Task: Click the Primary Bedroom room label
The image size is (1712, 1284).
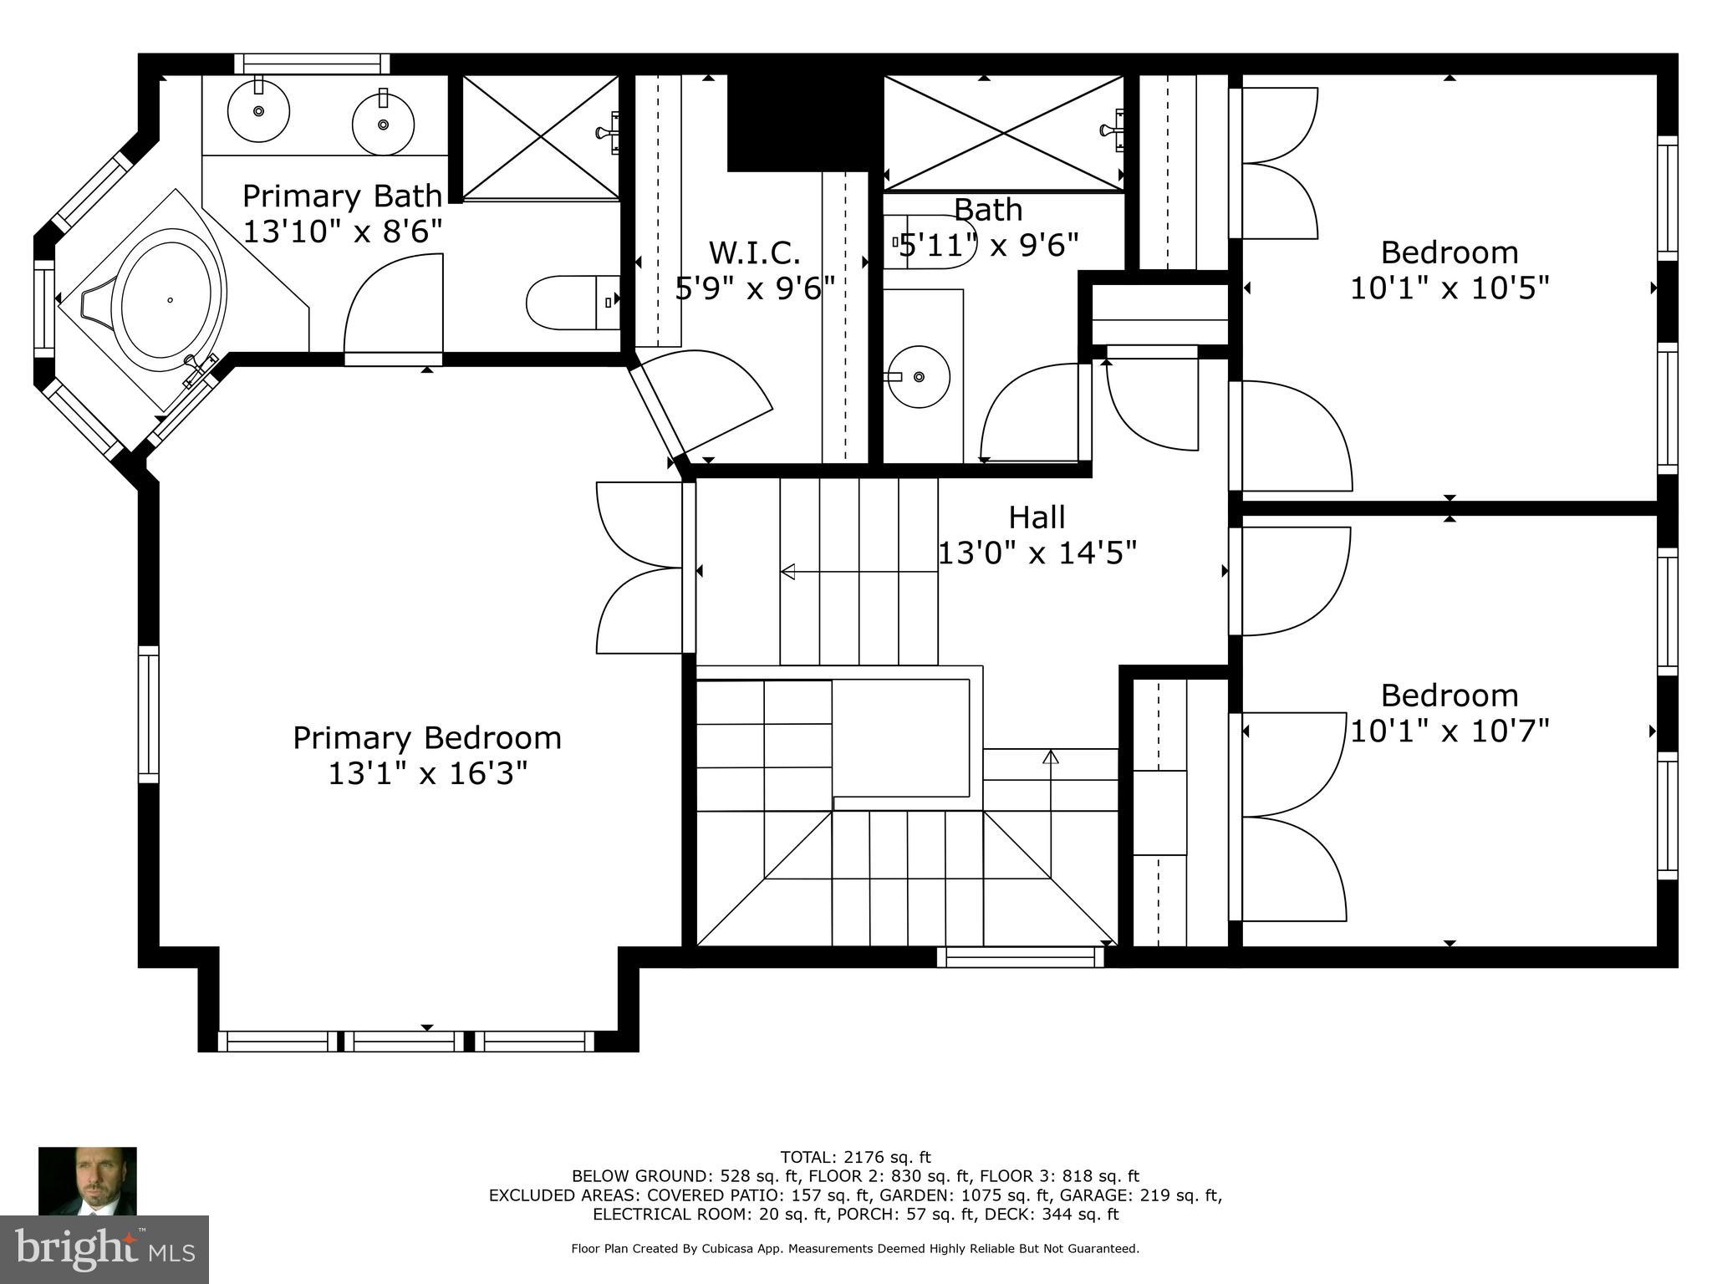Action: pyautogui.click(x=426, y=738)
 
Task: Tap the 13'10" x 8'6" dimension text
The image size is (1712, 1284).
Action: pyautogui.click(x=342, y=231)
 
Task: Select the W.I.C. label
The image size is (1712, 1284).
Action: pyautogui.click(x=754, y=252)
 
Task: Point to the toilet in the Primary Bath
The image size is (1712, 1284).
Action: pyautogui.click(x=570, y=303)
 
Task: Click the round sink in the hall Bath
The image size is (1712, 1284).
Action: pyautogui.click(x=918, y=377)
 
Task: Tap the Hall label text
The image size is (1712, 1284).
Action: pyautogui.click(x=1037, y=517)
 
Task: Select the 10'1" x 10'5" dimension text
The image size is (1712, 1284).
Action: pyautogui.click(x=1450, y=288)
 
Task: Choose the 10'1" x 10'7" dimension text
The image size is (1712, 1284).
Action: pyautogui.click(x=1450, y=731)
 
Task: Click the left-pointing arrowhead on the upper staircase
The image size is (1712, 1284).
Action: pyautogui.click(x=787, y=572)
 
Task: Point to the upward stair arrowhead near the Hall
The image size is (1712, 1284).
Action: pyautogui.click(x=1051, y=757)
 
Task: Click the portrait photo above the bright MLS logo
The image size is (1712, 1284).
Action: pyautogui.click(x=88, y=1180)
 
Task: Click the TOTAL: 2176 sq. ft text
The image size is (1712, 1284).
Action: pyautogui.click(x=855, y=1158)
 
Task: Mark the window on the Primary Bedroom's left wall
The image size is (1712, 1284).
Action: pyautogui.click(x=148, y=714)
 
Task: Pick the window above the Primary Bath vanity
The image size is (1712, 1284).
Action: pyautogui.click(x=312, y=64)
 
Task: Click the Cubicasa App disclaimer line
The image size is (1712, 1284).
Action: pyautogui.click(x=855, y=1249)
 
